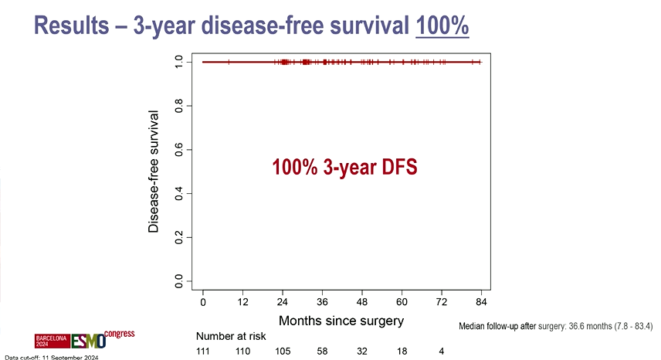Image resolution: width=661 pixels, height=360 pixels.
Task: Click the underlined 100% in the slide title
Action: click(x=442, y=26)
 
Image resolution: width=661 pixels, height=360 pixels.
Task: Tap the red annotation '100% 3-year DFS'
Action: click(x=344, y=167)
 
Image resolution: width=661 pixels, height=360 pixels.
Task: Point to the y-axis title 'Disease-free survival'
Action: click(x=154, y=172)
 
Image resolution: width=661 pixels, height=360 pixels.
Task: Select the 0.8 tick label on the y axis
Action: click(x=179, y=105)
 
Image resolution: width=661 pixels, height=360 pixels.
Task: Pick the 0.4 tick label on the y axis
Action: click(x=179, y=192)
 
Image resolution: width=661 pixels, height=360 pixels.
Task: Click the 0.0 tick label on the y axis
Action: click(x=179, y=280)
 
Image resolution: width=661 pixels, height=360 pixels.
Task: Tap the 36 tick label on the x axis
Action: click(x=322, y=301)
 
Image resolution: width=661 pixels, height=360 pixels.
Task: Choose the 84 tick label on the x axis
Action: click(x=481, y=301)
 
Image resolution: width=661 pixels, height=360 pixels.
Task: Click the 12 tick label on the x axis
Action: click(x=242, y=301)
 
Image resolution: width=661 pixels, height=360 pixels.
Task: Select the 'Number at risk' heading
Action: click(x=231, y=337)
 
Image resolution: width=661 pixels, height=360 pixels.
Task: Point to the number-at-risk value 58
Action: click(x=323, y=352)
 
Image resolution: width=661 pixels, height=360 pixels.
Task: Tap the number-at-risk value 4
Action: click(x=441, y=352)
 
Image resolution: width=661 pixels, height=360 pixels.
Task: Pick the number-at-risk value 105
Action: click(x=283, y=352)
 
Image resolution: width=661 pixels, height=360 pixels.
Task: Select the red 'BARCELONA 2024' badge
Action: click(x=53, y=341)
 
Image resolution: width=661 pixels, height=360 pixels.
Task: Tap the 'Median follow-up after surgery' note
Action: click(x=555, y=327)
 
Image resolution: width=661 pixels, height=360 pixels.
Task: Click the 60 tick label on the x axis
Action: click(x=402, y=301)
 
